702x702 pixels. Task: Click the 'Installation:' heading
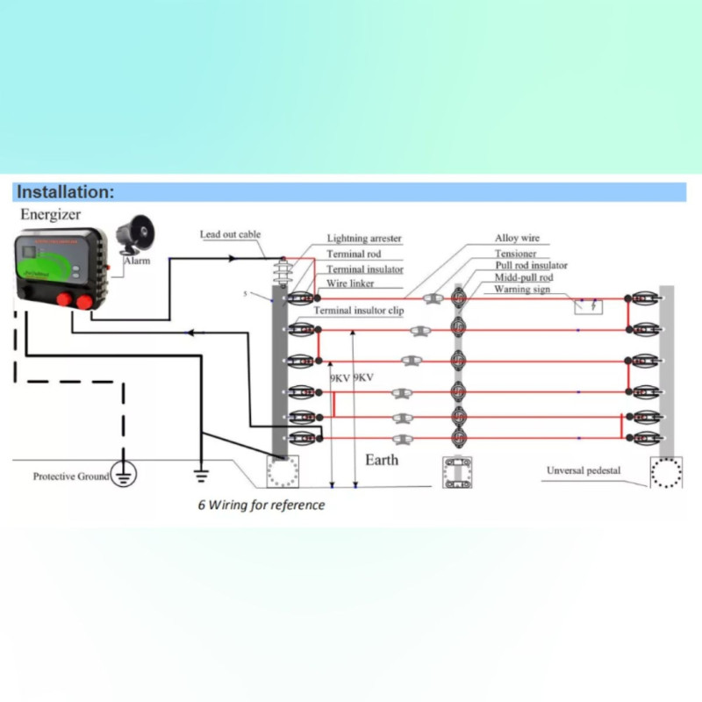click(x=66, y=192)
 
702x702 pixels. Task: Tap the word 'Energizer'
click(x=51, y=215)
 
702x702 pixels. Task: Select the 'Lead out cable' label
click(x=230, y=234)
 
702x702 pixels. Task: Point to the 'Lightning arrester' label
click(x=364, y=239)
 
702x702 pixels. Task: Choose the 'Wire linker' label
click(x=351, y=283)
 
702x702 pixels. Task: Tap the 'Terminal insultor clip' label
click(x=359, y=311)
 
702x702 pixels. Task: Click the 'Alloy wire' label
click(x=517, y=238)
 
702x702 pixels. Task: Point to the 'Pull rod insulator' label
click(x=531, y=265)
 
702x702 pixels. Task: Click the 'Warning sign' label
click(x=524, y=289)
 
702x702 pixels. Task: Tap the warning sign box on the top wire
click(x=588, y=305)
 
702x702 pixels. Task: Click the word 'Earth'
click(x=382, y=459)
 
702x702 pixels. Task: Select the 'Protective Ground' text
click(x=71, y=476)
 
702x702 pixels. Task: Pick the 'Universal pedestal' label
click(x=584, y=470)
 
